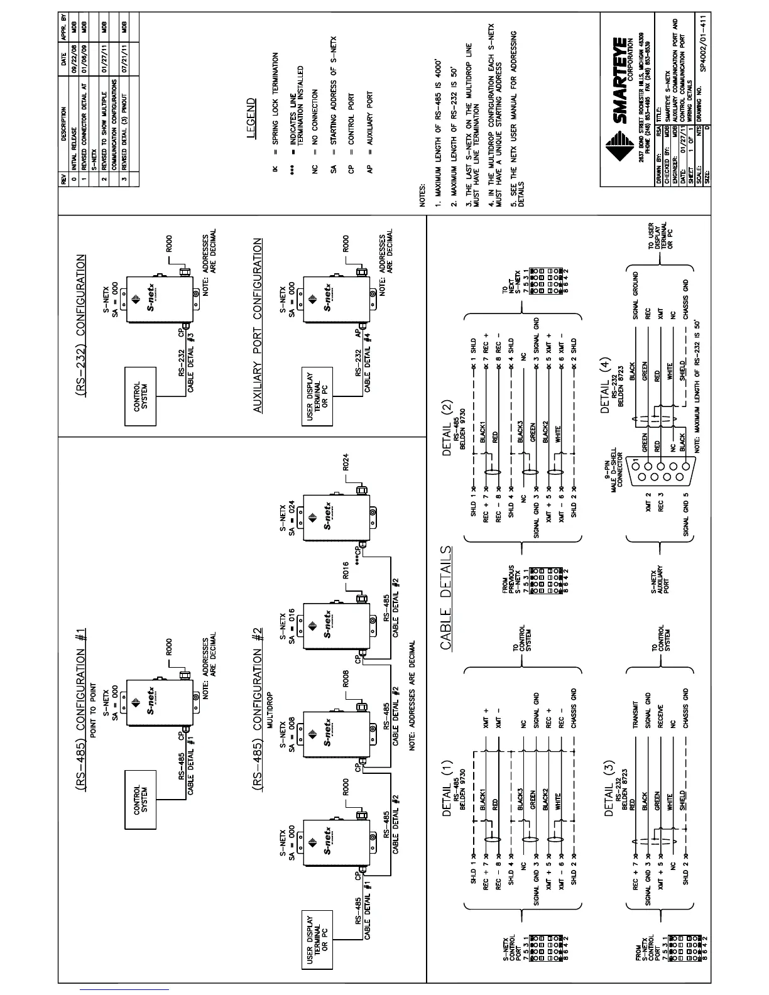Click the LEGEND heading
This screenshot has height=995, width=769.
(x=251, y=117)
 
